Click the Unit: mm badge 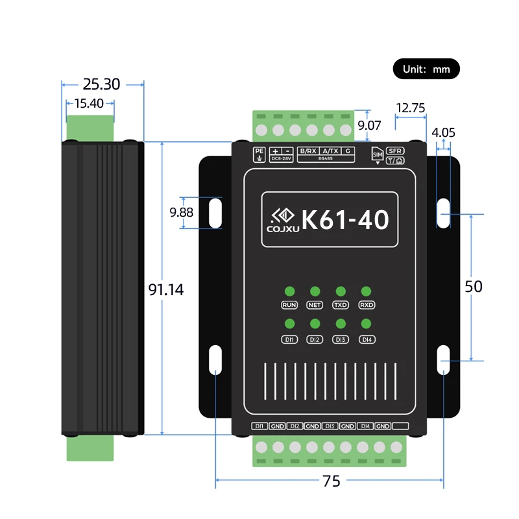click(426, 69)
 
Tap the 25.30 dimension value click(101, 84)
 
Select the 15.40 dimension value click(89, 103)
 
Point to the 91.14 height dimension click(166, 289)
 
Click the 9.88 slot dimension click(182, 212)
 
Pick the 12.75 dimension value click(411, 108)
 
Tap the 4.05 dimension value click(443, 132)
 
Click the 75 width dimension click(332, 481)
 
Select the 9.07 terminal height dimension click(369, 125)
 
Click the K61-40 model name click(345, 219)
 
